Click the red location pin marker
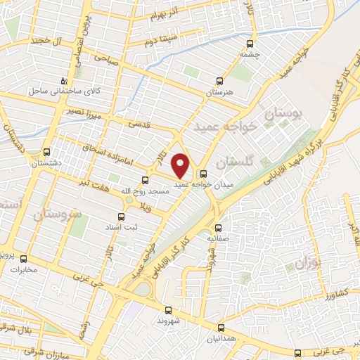point(181,165)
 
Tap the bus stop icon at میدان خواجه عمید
point(204,174)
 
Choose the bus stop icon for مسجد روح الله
point(145,179)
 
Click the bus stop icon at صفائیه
point(219,228)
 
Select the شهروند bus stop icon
point(167,309)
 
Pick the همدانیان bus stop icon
point(221,328)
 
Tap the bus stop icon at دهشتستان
point(47,151)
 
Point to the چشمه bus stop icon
point(250,42)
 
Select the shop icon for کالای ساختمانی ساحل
point(65,80)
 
